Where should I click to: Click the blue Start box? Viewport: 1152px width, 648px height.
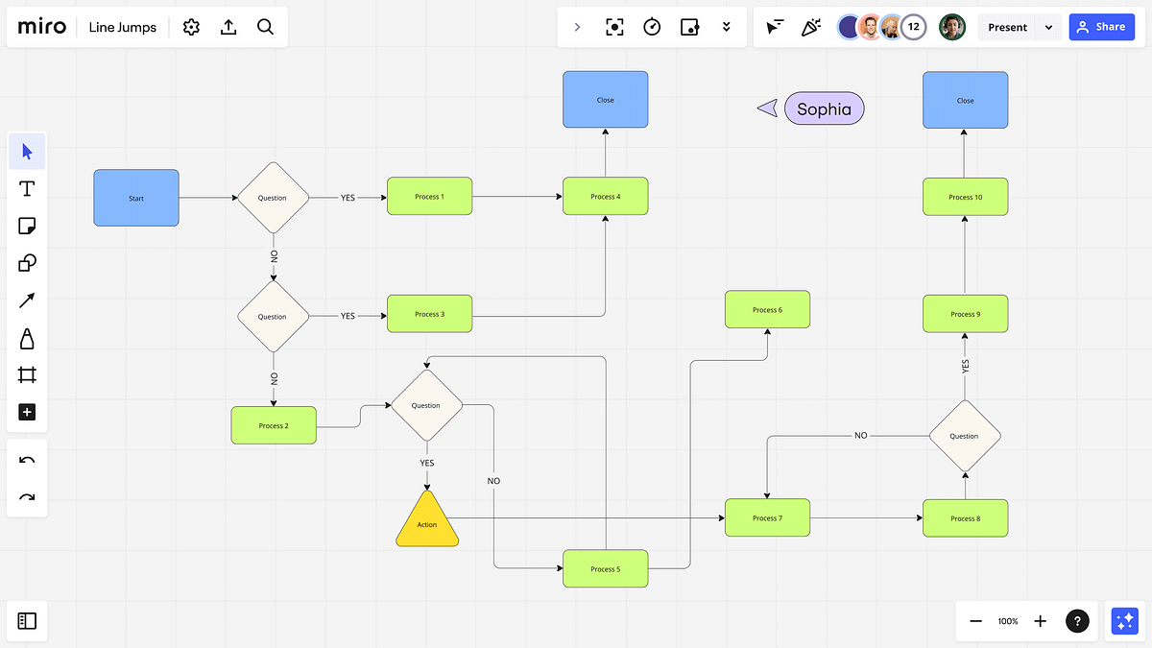(x=136, y=198)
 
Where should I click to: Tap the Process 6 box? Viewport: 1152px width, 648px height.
(x=767, y=309)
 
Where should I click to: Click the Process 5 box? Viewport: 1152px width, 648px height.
(x=606, y=568)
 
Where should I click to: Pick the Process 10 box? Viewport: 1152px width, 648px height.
(x=966, y=197)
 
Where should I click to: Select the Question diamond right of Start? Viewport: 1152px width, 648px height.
(x=273, y=198)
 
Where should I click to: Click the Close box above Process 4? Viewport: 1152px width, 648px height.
(x=606, y=100)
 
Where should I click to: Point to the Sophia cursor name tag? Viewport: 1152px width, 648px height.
(x=825, y=108)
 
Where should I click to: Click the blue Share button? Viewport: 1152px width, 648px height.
(x=1102, y=27)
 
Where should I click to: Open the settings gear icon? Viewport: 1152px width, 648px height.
(x=191, y=27)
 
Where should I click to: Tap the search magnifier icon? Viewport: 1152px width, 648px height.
(x=265, y=27)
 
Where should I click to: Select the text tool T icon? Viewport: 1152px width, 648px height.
(x=27, y=189)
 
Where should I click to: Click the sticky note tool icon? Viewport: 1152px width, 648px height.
(x=27, y=226)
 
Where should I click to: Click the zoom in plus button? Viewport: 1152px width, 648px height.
(x=1040, y=621)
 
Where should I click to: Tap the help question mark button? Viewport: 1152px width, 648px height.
(x=1077, y=621)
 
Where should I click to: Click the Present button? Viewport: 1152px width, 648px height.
(x=1007, y=27)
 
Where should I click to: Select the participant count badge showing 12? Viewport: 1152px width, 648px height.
(x=913, y=27)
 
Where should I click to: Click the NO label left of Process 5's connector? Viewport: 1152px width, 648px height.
(x=493, y=481)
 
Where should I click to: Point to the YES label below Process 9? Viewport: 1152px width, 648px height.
(x=966, y=366)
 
